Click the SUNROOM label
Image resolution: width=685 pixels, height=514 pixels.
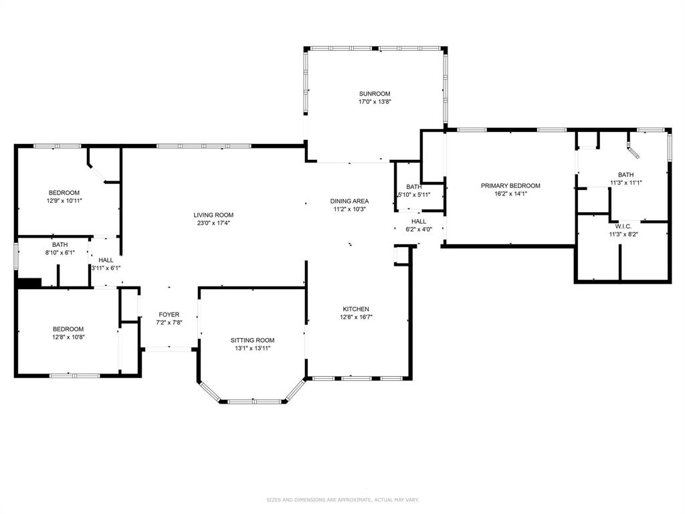click(375, 94)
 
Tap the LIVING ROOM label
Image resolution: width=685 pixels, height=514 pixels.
click(213, 215)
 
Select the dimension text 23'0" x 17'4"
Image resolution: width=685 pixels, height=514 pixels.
click(213, 223)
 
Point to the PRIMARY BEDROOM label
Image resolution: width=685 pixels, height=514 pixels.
click(510, 186)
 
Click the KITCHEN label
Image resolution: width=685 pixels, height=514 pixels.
click(356, 309)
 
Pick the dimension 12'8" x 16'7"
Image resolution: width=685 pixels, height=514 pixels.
click(356, 317)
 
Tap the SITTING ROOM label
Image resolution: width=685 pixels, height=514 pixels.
click(252, 340)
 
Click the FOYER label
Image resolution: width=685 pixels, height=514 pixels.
click(169, 315)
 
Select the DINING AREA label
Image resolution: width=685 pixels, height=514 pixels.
click(349, 201)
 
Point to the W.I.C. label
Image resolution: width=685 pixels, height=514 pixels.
click(623, 226)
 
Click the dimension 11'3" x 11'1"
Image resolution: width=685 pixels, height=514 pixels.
click(626, 183)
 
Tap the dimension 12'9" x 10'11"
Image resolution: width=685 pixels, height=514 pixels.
click(64, 201)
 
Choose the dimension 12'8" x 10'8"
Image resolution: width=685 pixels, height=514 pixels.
click(68, 337)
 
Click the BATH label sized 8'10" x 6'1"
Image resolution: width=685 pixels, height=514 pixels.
click(60, 245)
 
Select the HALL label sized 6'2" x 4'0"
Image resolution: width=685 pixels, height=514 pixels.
click(419, 221)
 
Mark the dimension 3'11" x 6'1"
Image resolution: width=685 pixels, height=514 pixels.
click(106, 268)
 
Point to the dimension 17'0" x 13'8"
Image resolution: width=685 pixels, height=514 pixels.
click(375, 102)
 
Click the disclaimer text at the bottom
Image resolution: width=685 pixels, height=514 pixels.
click(342, 499)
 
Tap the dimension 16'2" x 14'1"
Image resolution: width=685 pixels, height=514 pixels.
click(510, 193)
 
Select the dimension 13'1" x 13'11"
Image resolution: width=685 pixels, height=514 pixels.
click(252, 348)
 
